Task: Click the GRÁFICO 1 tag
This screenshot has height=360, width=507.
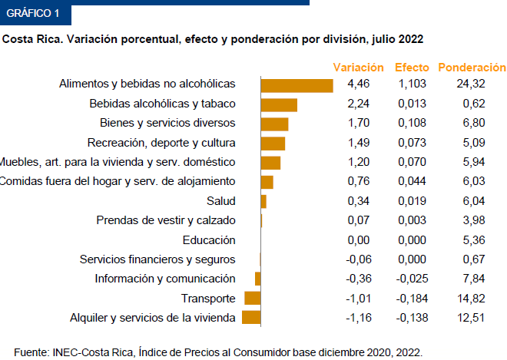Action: click(x=32, y=13)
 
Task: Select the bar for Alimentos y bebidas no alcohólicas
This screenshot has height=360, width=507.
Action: click(x=297, y=84)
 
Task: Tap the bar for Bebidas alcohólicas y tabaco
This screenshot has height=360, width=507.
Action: click(x=279, y=104)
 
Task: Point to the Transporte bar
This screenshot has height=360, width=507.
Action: click(x=253, y=299)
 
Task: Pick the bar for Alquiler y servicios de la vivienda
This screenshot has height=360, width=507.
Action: click(x=252, y=318)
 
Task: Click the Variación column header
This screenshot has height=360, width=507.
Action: click(x=358, y=67)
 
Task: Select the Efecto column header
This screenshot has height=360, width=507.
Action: click(x=412, y=67)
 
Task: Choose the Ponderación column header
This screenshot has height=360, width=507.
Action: click(x=472, y=67)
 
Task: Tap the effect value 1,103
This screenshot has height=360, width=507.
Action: click(x=412, y=84)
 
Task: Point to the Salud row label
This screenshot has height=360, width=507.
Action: click(x=221, y=201)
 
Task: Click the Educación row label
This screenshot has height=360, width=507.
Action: click(x=209, y=239)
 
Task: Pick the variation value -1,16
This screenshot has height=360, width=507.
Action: click(x=356, y=318)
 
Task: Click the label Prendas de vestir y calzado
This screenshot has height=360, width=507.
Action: click(x=166, y=220)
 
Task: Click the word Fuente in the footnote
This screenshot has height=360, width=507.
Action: click(x=31, y=352)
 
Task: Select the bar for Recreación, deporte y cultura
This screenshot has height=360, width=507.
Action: click(x=273, y=143)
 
